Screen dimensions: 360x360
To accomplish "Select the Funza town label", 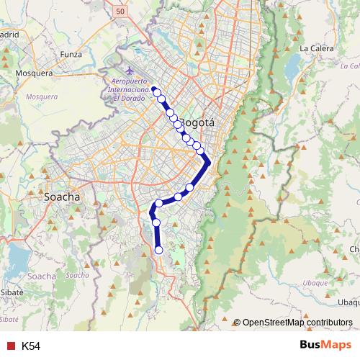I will click(72, 53).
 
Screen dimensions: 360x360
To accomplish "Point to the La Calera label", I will click(315, 48).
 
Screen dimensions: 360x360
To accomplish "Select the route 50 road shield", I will click(120, 12).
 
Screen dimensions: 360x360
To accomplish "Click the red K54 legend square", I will click(10, 346).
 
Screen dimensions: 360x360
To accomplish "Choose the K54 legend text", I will click(31, 346).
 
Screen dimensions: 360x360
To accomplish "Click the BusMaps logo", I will click(324, 346).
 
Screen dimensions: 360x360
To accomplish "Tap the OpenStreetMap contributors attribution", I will click(293, 323).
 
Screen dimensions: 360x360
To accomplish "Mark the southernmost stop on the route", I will click(159, 250).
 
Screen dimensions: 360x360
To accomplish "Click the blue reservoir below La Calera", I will click(292, 68).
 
